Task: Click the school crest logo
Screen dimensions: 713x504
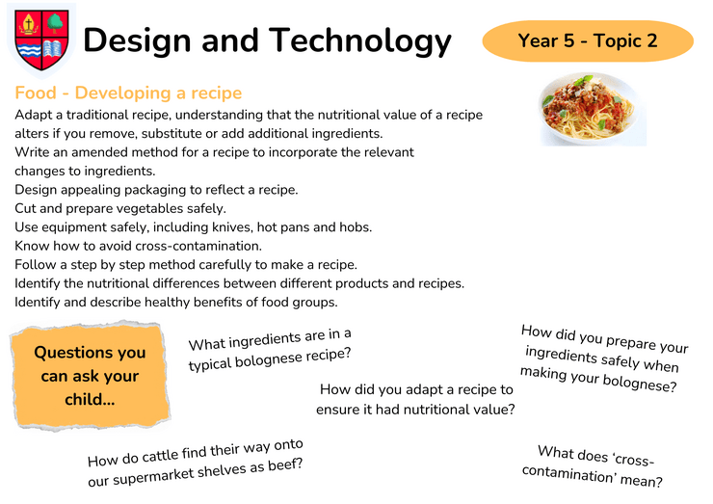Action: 41,40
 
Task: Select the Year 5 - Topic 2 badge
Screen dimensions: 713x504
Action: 588,40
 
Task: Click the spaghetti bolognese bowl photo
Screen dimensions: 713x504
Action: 592,110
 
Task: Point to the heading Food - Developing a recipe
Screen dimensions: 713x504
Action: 128,93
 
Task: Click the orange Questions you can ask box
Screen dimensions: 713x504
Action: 90,376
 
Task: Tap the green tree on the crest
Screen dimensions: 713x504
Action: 55,23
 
